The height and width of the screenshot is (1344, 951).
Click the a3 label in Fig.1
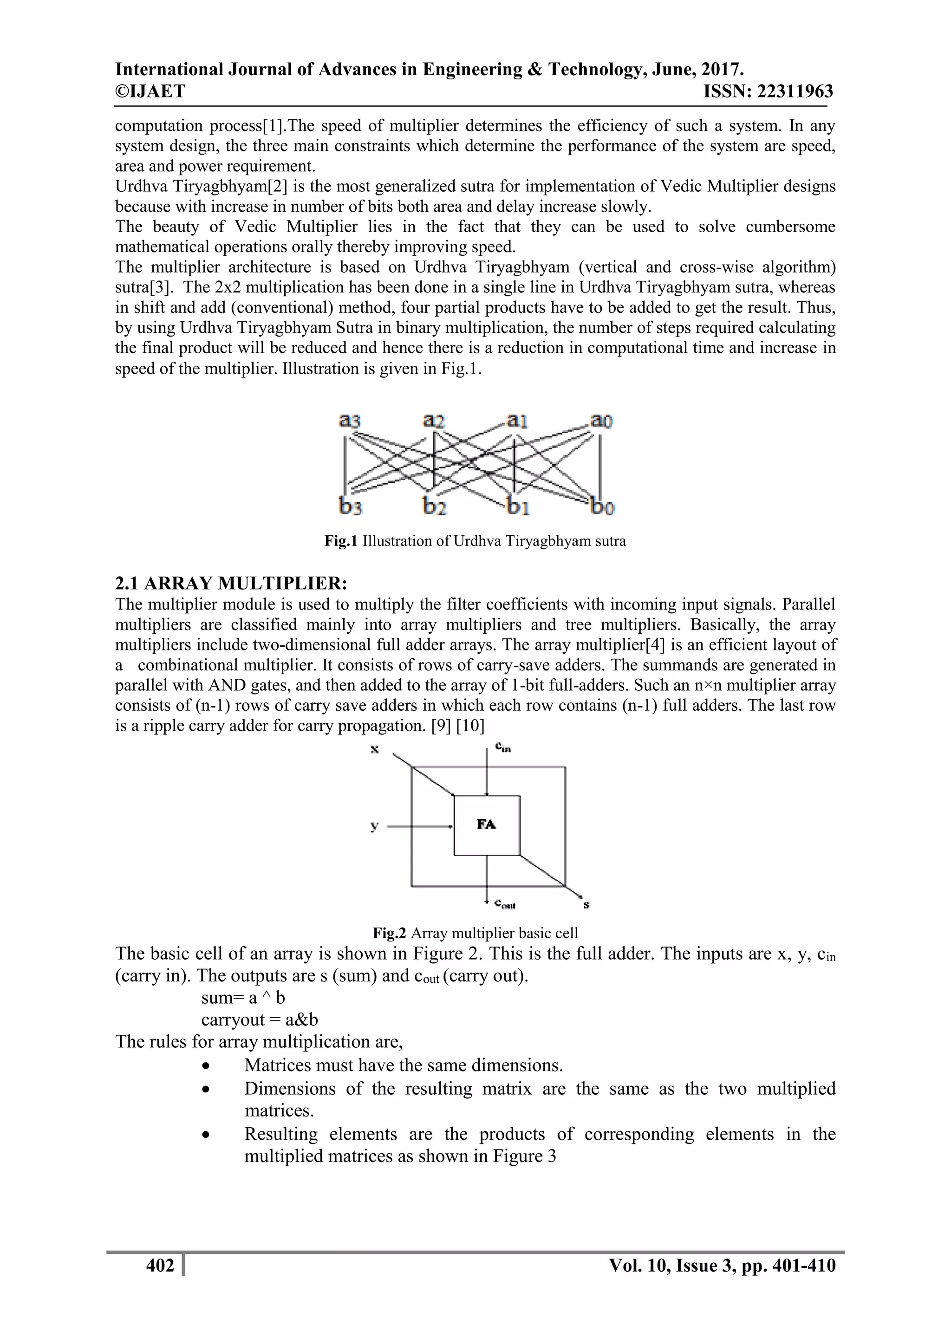350,421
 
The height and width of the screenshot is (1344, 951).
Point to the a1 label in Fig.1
517,421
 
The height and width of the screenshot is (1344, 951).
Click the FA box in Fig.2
487,825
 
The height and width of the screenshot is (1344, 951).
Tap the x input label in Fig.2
374,749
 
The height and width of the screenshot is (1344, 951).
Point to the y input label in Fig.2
374,826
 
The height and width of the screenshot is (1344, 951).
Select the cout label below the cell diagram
504,904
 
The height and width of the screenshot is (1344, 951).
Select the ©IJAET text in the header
150,91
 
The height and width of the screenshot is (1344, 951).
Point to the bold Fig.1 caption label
340,541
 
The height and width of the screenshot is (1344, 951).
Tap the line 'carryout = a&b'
260,1019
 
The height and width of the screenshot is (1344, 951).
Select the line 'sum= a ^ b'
243,998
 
